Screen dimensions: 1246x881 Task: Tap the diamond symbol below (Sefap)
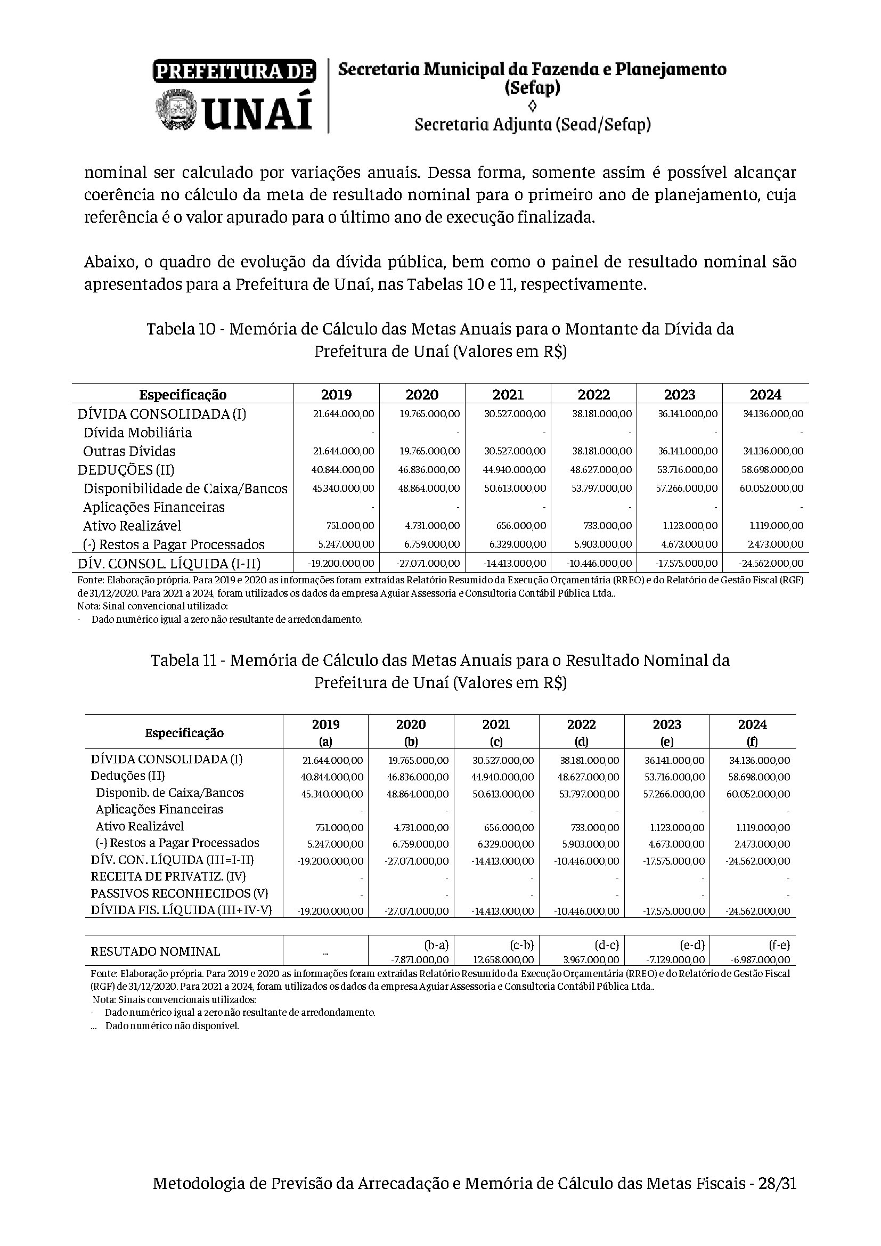[532, 105]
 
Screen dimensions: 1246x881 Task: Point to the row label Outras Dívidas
[129, 451]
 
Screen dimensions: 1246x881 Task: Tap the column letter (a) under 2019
[326, 742]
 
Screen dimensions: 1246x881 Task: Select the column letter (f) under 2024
[753, 742]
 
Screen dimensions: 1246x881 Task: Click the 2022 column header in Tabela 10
[593, 395]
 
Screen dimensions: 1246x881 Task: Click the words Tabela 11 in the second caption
[186, 661]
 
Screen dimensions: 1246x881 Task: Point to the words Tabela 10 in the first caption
[183, 329]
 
